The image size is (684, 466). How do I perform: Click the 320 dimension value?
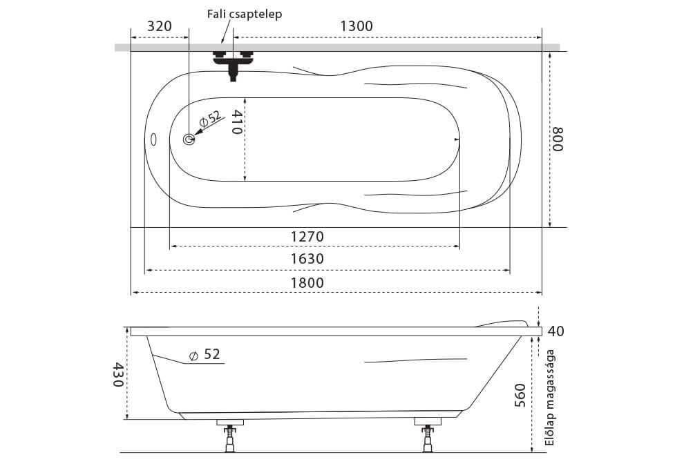pos(159,26)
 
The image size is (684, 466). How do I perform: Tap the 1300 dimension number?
pos(357,26)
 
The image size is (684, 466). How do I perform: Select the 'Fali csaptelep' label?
pos(245,14)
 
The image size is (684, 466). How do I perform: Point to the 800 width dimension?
pos(558,139)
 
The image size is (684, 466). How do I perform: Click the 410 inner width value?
pos(236,122)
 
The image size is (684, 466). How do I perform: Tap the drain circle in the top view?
pos(189,139)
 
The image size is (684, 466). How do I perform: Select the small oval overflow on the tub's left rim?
pos(153,139)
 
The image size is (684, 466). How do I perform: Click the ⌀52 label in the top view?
pos(211,119)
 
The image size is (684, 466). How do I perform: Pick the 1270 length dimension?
pos(307,237)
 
